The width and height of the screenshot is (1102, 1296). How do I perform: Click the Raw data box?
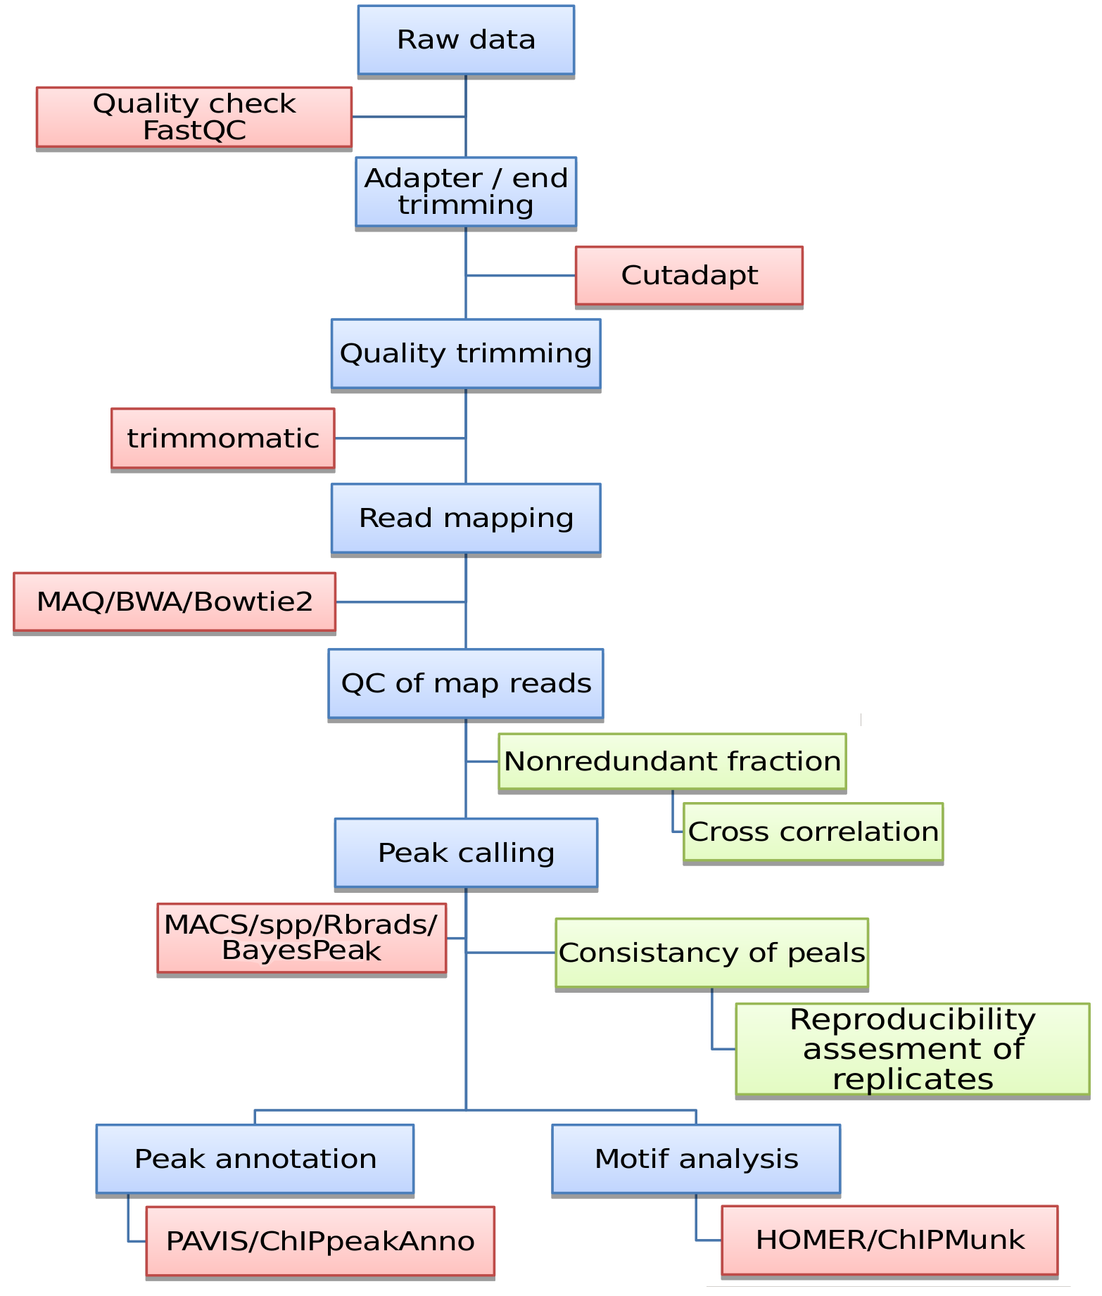[466, 40]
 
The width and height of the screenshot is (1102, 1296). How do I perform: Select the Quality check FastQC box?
[194, 117]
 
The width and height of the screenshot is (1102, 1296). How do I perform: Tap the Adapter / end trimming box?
[466, 191]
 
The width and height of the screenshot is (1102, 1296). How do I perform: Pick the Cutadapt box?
[689, 276]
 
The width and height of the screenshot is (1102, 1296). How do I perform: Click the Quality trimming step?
[466, 353]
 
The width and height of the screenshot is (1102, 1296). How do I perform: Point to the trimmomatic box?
[223, 438]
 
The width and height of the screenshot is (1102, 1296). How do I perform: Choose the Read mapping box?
[466, 519]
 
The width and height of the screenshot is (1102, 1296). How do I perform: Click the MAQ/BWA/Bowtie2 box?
[175, 602]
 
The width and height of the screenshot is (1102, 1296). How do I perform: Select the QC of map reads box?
[466, 684]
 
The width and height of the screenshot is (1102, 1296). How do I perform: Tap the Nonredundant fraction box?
[672, 762]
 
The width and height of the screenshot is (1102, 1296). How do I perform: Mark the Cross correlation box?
[813, 832]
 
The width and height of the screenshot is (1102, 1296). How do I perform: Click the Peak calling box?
[466, 853]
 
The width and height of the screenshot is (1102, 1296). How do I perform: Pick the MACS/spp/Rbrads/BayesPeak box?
[301, 938]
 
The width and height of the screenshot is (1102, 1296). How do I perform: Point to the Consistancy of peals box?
[711, 953]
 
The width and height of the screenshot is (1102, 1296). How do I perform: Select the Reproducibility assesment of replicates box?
[912, 1049]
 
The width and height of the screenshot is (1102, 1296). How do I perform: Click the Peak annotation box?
[255, 1159]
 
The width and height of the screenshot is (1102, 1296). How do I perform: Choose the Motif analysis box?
[696, 1159]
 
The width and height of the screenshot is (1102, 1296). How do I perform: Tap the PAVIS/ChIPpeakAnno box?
[320, 1241]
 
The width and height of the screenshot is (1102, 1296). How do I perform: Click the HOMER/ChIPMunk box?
[889, 1240]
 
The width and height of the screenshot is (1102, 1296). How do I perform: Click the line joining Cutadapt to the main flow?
[521, 276]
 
